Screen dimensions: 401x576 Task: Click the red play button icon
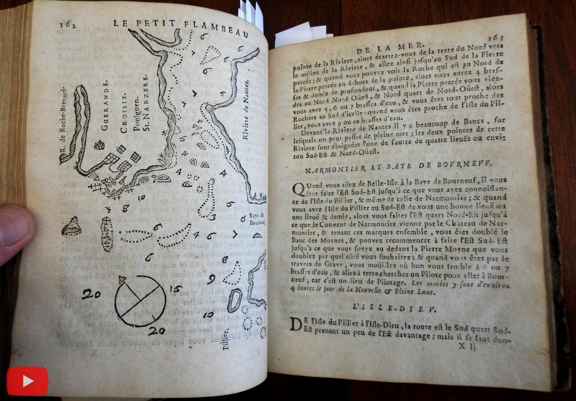tap(27, 381)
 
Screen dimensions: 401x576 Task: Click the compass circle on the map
tap(140, 301)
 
